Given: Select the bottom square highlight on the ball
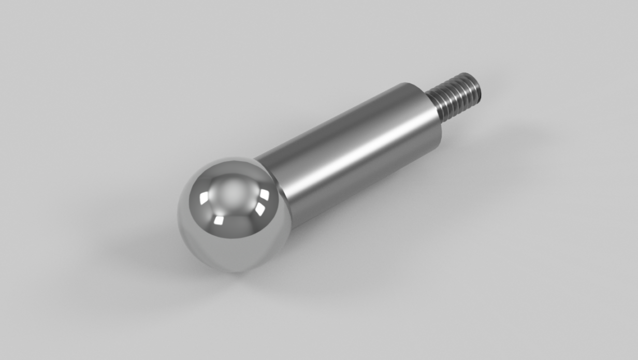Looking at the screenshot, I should (x=219, y=221).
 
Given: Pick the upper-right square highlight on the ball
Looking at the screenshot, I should (x=265, y=194).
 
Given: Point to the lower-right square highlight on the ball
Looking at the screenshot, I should (x=260, y=209).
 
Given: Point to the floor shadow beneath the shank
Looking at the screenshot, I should (x=363, y=218).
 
